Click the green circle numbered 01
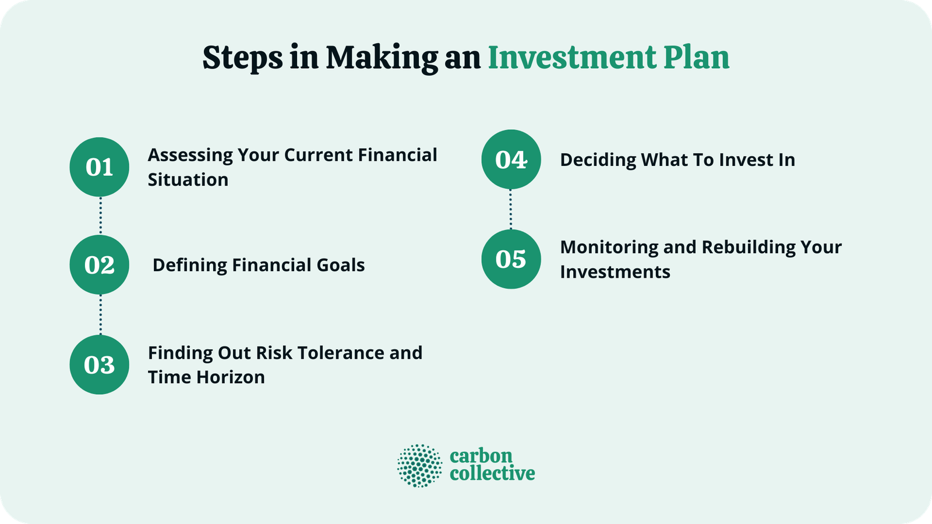point(99,167)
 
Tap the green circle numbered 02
point(99,265)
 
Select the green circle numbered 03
point(99,365)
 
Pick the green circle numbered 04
point(511,160)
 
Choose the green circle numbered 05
point(511,259)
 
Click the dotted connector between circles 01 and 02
point(100,215)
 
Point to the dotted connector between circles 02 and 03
point(100,314)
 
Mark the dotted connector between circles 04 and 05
point(511,209)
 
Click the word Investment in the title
point(572,58)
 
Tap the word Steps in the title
point(242,59)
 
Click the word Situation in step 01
point(188,180)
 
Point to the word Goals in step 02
point(340,265)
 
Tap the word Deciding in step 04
point(598,160)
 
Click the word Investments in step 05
point(615,272)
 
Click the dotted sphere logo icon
point(419,465)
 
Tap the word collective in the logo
point(492,473)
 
